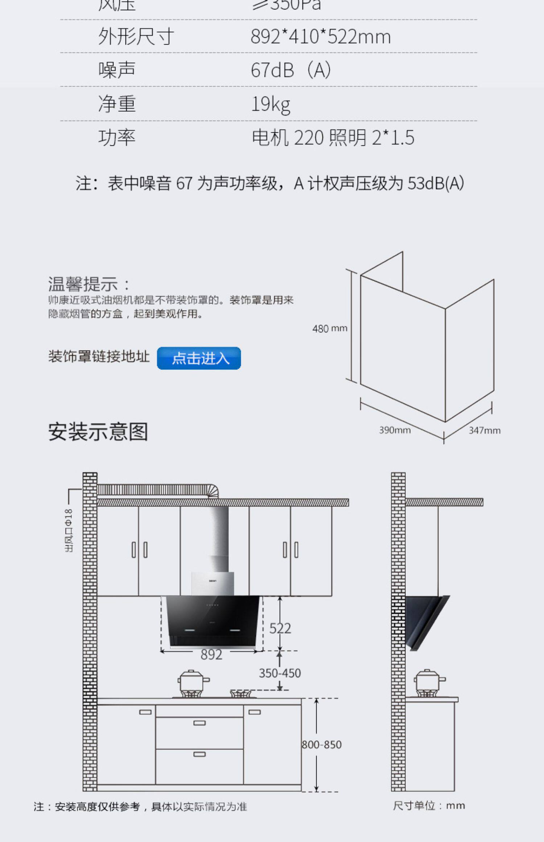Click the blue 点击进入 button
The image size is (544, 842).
(x=199, y=358)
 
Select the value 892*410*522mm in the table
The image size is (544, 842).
(x=321, y=37)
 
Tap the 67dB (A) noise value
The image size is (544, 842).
(x=290, y=70)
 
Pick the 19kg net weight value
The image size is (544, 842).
(x=271, y=104)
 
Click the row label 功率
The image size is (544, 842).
(x=117, y=138)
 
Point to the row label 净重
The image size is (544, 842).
(x=117, y=104)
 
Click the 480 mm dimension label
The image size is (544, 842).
(x=330, y=329)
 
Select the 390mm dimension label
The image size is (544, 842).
(x=395, y=430)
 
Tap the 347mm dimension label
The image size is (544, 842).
(x=484, y=430)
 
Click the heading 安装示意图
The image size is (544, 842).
(x=98, y=432)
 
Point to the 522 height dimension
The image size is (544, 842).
(x=280, y=628)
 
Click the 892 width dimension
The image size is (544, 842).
(x=211, y=655)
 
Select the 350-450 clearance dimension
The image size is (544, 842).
(x=280, y=673)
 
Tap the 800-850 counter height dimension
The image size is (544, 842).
(x=322, y=745)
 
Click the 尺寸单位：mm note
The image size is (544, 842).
(x=429, y=806)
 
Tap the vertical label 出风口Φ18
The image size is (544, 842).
(x=69, y=531)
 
